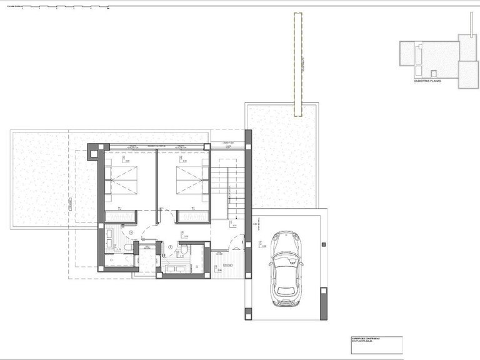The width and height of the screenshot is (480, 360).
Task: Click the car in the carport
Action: coord(286,268)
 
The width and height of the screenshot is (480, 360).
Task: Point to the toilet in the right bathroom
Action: coord(184,250)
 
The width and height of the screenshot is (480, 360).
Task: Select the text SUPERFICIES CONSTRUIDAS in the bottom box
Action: coord(366,339)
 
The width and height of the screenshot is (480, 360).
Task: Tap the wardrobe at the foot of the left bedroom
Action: coord(121,216)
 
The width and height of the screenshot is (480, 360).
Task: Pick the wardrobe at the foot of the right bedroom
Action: coord(192,216)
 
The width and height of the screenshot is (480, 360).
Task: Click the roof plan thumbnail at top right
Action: coord(438,59)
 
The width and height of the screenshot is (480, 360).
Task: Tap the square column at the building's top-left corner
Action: coord(92,150)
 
